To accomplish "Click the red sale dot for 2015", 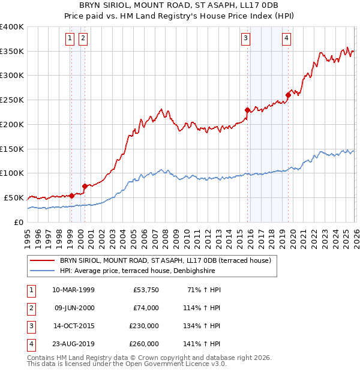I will (247, 110).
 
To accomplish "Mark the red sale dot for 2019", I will (288, 95).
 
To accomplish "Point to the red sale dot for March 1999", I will (71, 195).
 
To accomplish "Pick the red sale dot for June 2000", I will (85, 185).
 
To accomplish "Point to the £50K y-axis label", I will (14, 197).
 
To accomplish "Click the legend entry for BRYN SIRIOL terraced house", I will (165, 260).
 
